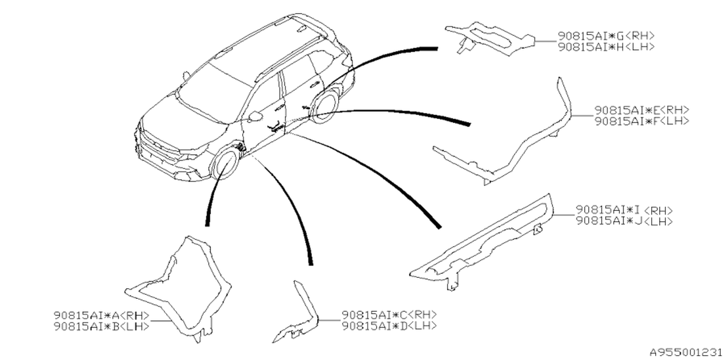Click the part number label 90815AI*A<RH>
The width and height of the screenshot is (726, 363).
[102, 315]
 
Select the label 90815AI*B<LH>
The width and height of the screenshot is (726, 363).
[102, 326]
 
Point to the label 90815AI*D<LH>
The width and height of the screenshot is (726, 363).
[389, 326]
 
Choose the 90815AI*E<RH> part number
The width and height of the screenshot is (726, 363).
[642, 110]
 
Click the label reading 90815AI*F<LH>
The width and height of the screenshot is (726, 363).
[642, 121]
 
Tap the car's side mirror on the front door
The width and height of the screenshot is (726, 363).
[255, 116]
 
